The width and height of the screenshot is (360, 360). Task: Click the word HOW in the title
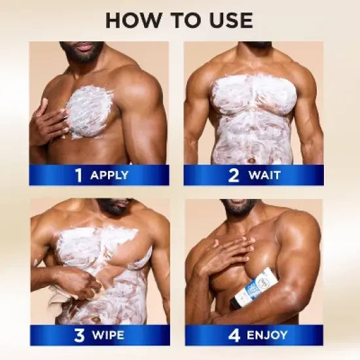(133, 20)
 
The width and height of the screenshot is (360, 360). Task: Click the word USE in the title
(231, 20)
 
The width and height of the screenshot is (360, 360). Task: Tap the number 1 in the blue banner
(79, 175)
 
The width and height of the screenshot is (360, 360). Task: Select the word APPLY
(109, 175)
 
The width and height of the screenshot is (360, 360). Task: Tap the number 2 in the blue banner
(234, 175)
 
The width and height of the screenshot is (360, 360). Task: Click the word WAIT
(264, 175)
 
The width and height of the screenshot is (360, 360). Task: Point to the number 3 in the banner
(79, 335)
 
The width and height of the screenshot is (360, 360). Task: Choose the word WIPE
(108, 335)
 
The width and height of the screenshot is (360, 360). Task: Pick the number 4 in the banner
(234, 335)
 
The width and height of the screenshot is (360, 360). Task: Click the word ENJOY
(267, 335)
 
